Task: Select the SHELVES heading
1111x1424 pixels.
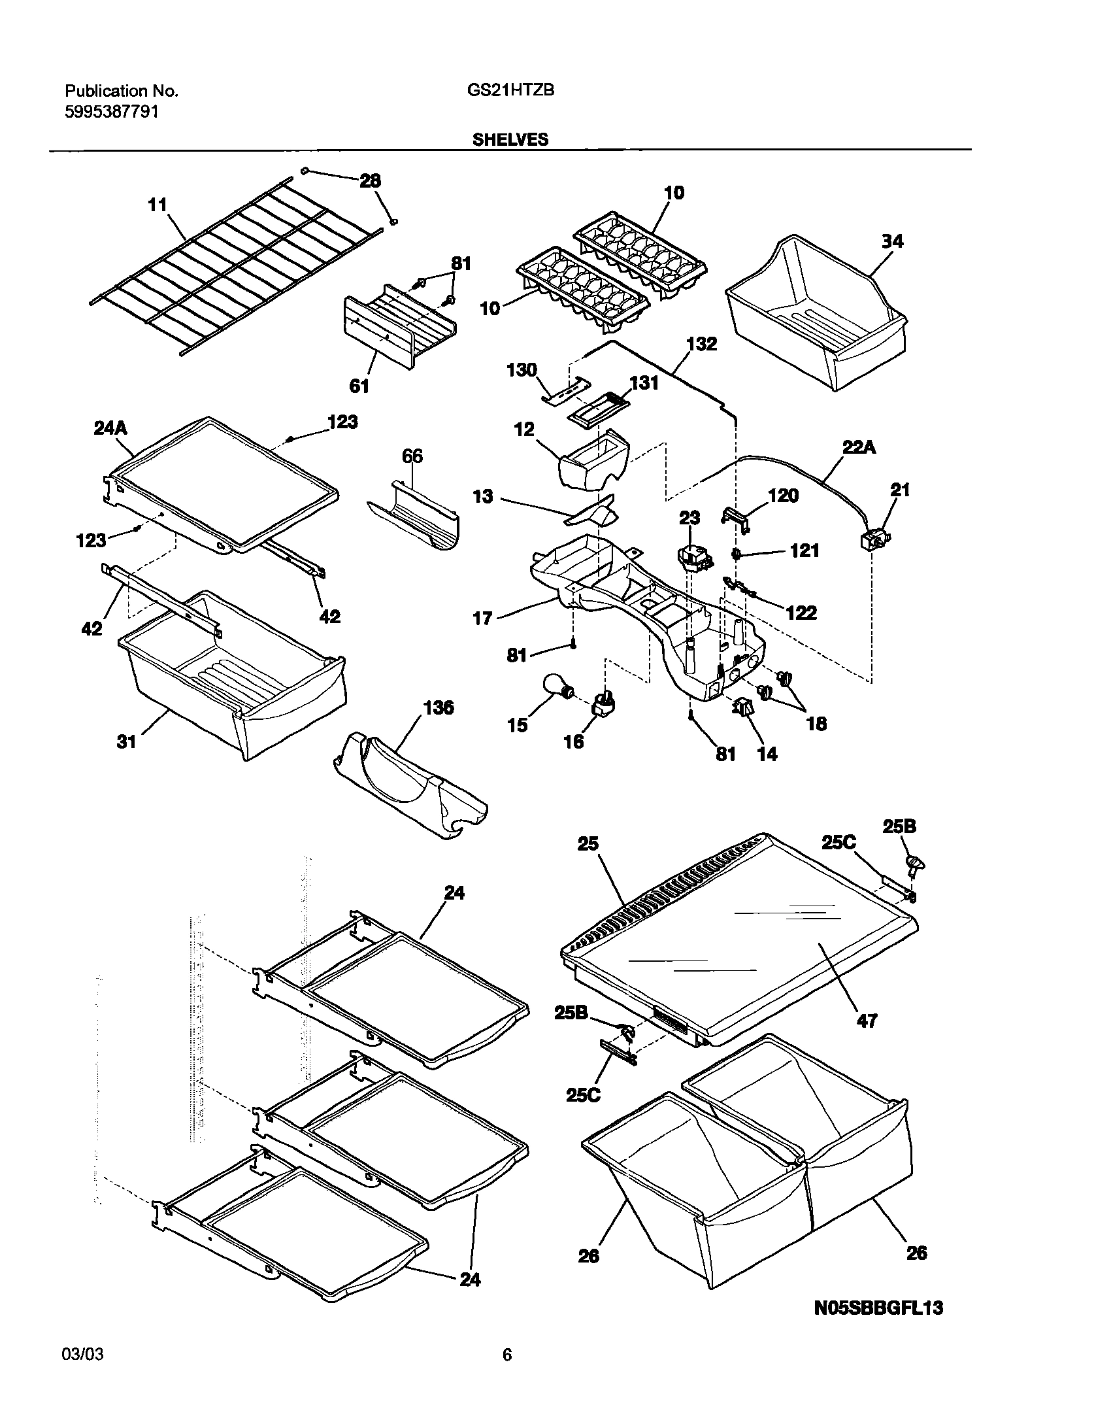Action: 510,139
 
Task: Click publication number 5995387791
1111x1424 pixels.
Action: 112,112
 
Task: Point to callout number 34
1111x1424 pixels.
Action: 892,241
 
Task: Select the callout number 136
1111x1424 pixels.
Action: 438,708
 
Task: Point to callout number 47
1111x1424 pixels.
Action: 867,1020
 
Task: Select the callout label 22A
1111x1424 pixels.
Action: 859,448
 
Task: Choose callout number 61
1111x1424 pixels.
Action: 359,386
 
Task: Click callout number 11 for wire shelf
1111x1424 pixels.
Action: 158,205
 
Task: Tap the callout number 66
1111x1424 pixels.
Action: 412,456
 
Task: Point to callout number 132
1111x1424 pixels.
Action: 702,344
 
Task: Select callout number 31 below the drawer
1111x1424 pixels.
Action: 126,741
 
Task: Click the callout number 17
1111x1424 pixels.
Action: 482,618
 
